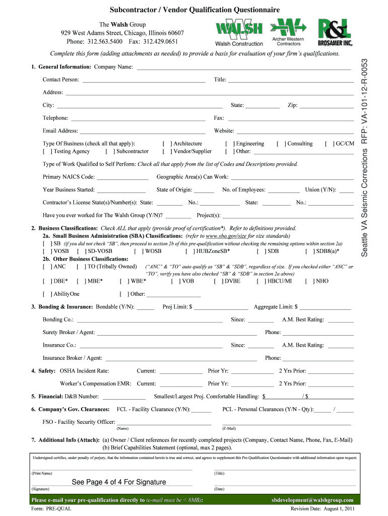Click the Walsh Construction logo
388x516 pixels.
pyautogui.click(x=239, y=33)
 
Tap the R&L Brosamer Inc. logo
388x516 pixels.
pyautogui.click(x=335, y=32)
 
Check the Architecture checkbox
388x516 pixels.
pyautogui.click(x=167, y=144)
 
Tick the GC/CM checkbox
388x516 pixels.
pyautogui.click(x=329, y=144)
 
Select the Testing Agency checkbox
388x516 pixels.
pyautogui.click(x=47, y=152)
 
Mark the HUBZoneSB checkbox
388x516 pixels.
pyautogui.click(x=189, y=251)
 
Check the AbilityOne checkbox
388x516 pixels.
pyautogui.click(x=47, y=294)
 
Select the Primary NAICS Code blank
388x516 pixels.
pyautogui.click(x=122, y=178)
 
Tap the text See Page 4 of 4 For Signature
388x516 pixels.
pyautogui.click(x=119, y=482)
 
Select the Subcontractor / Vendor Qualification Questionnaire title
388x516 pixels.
pyautogui.click(x=195, y=10)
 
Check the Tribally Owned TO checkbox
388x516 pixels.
pyautogui.click(x=81, y=267)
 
